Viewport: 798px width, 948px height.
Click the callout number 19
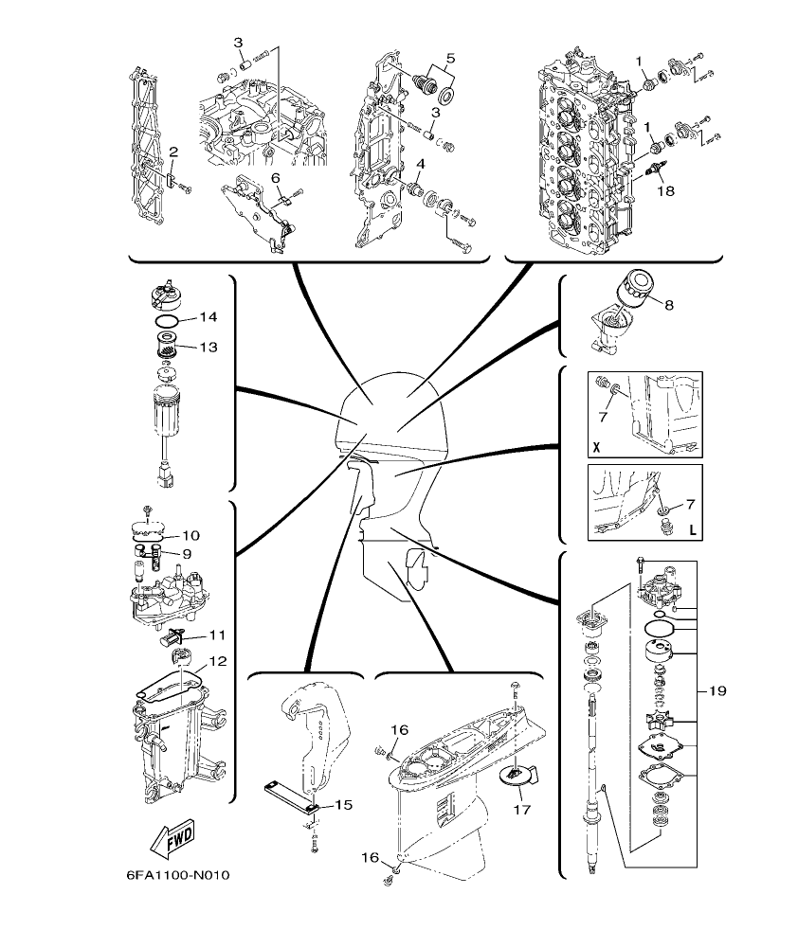click(x=717, y=691)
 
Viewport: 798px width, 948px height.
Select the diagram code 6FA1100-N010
click(x=177, y=873)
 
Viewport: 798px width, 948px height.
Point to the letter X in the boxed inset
click(x=596, y=444)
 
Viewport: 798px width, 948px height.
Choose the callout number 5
click(x=450, y=58)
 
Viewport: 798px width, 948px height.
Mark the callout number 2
click(x=173, y=152)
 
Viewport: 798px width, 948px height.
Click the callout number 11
click(x=218, y=635)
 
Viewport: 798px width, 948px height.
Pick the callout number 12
click(x=218, y=662)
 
